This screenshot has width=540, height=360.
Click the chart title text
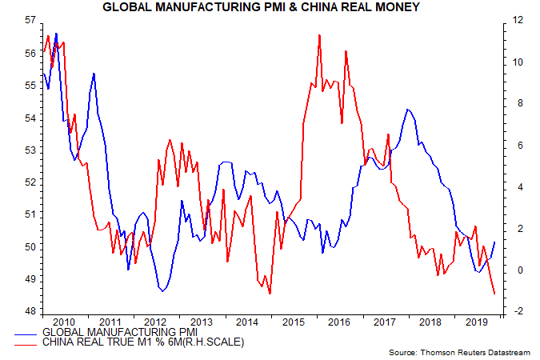(270, 8)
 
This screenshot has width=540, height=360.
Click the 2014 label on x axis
(246, 320)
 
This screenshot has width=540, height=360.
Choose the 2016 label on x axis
(339, 320)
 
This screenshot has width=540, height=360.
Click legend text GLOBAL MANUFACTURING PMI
(119, 332)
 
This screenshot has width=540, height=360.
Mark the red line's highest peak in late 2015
(319, 35)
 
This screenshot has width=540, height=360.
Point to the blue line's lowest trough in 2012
(162, 290)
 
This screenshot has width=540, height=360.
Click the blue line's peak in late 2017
(408, 110)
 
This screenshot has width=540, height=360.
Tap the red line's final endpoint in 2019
(494, 294)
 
